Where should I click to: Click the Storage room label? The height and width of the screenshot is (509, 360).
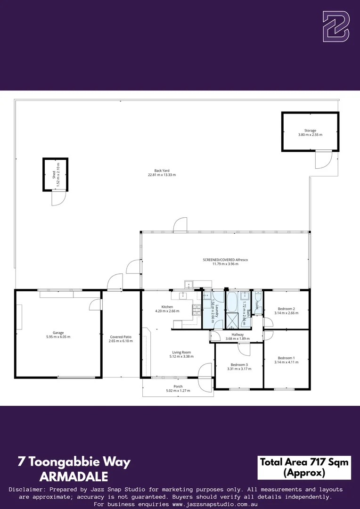[x=310, y=131]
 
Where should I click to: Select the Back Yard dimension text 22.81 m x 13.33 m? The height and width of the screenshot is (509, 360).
[x=162, y=175]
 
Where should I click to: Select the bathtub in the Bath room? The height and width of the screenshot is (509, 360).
[x=231, y=303]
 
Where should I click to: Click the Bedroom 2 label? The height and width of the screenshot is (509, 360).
[x=286, y=309]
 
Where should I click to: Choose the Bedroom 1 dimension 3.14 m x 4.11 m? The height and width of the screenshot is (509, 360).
[x=286, y=362]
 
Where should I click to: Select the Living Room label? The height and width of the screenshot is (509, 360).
[x=181, y=352]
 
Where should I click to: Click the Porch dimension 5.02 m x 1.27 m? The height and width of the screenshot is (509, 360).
[x=178, y=391]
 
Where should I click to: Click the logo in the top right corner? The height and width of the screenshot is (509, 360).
[x=335, y=26]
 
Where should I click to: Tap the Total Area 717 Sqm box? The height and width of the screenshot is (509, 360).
[x=304, y=467]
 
